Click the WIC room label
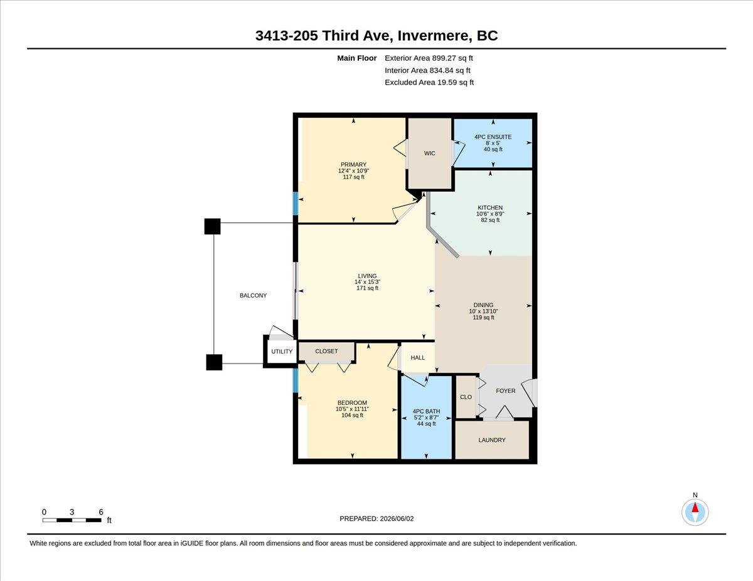tap(429, 154)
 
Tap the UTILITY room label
tap(282, 351)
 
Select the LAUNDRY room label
tap(492, 440)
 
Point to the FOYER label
tap(506, 390)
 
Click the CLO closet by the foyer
tap(466, 397)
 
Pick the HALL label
tap(417, 357)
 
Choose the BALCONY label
tap(254, 295)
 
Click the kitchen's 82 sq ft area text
tap(490, 220)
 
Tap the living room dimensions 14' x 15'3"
tap(367, 281)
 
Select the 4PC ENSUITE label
tap(493, 137)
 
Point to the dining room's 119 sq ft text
tap(483, 317)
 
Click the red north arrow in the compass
tap(695, 508)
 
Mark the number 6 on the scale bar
tap(101, 512)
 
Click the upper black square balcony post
tap(213, 226)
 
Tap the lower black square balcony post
tap(214, 362)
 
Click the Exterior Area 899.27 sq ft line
tap(429, 58)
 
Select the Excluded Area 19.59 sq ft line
tap(429, 82)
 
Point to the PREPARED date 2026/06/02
tap(397, 518)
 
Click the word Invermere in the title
tap(433, 36)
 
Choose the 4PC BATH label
tap(426, 411)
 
